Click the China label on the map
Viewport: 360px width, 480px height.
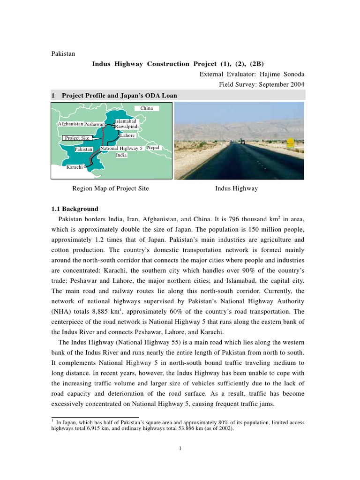click(x=147, y=108)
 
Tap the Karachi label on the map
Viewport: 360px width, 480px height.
click(x=75, y=167)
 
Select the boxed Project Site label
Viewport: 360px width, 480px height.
click(x=77, y=138)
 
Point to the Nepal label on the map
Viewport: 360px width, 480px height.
click(x=153, y=148)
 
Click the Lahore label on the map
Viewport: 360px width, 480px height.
click(x=127, y=135)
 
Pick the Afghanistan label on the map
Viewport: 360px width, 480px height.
click(x=70, y=124)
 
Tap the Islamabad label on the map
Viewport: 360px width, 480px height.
click(x=126, y=121)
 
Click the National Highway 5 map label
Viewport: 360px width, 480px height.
click(x=121, y=148)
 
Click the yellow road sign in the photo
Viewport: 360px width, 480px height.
click(x=291, y=141)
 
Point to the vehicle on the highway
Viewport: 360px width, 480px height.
click(x=242, y=141)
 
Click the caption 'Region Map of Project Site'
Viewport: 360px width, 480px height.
click(x=110, y=188)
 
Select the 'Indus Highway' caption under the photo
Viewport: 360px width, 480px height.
click(x=236, y=188)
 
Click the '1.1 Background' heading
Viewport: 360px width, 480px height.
click(x=75, y=209)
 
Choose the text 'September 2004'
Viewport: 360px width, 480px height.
click(x=280, y=84)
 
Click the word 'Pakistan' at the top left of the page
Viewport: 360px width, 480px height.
click(x=63, y=53)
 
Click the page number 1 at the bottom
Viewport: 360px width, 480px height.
click(x=180, y=448)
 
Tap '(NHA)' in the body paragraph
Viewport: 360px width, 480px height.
click(x=61, y=312)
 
